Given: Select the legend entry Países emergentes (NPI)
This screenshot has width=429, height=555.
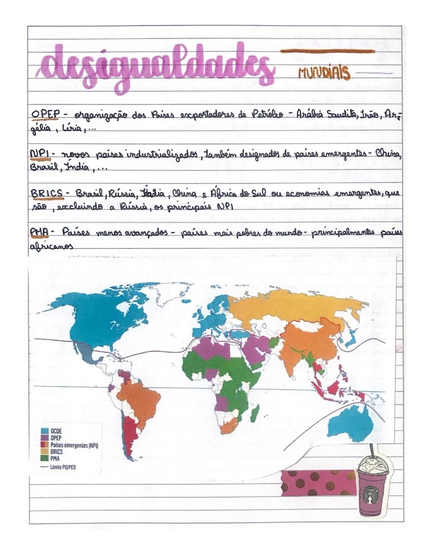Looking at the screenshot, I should pyautogui.click(x=73, y=445).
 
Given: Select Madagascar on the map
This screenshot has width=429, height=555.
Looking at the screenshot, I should pyautogui.click(x=255, y=413).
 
